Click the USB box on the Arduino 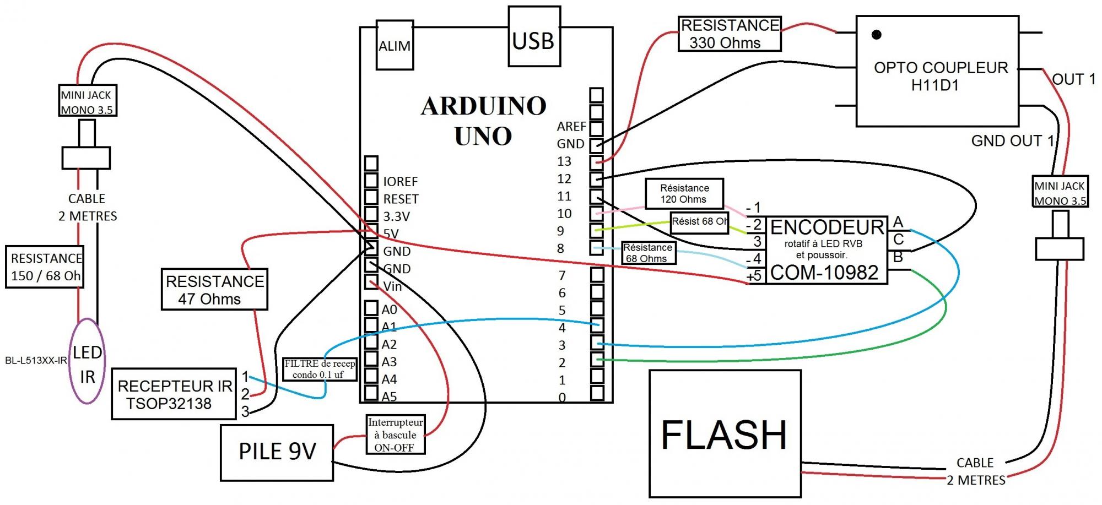click(x=534, y=36)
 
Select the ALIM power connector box click(x=395, y=46)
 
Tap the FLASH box click(x=725, y=434)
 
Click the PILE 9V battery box click(x=277, y=452)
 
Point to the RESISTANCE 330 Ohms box click(x=729, y=34)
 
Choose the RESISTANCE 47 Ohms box click(x=214, y=290)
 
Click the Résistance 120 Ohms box click(x=684, y=193)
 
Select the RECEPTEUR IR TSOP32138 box click(x=174, y=394)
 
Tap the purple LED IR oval click(x=87, y=361)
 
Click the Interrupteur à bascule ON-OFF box click(x=395, y=435)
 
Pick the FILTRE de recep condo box click(x=320, y=369)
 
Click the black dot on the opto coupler click(x=876, y=35)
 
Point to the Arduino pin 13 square click(x=596, y=162)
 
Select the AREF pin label click(x=571, y=127)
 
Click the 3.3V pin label click(x=397, y=216)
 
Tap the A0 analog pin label click(x=389, y=309)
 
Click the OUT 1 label click(x=1073, y=79)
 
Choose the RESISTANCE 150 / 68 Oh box click(x=45, y=267)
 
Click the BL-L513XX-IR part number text click(x=36, y=361)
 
